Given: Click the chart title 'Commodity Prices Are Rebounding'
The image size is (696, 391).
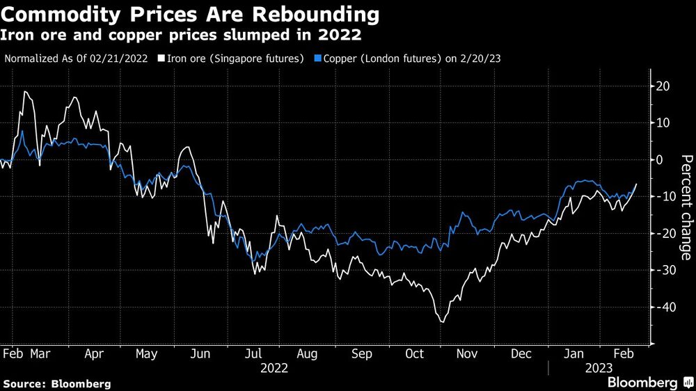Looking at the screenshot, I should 191,14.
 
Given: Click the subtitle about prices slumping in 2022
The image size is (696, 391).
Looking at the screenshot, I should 182,34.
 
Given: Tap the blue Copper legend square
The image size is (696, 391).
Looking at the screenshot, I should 319,58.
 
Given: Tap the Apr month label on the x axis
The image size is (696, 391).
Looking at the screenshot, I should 94,353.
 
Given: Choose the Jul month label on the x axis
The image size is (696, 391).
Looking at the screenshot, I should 255,353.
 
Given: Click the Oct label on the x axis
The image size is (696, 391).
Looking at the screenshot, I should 415,353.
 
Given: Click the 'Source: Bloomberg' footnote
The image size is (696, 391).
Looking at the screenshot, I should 57,383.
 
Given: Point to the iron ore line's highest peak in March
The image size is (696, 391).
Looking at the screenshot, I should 25,91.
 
